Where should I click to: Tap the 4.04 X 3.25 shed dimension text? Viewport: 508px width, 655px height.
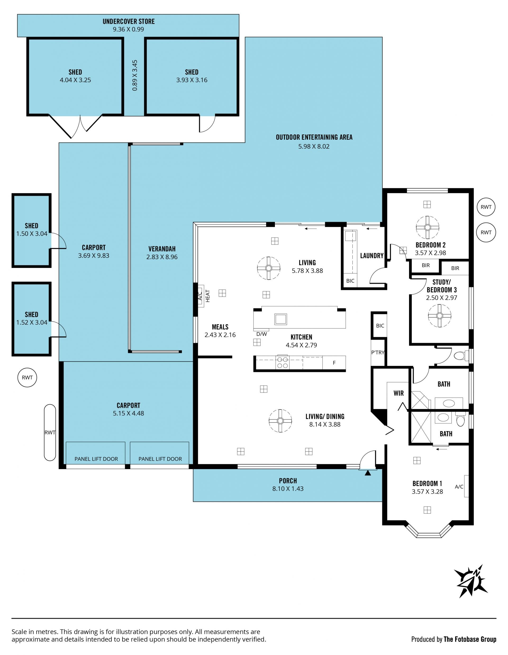[75, 80]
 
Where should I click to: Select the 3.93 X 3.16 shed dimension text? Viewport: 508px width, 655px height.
[192, 80]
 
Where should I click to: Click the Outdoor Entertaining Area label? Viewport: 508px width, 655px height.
[314, 137]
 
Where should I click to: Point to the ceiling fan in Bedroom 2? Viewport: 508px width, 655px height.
[427, 227]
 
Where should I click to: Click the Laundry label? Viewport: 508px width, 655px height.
[372, 255]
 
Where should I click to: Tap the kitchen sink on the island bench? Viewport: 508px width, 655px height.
[280, 319]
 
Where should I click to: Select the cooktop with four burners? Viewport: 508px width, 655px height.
[282, 362]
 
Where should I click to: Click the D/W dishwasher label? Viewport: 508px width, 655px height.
[261, 334]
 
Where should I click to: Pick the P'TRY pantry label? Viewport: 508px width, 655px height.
[378, 352]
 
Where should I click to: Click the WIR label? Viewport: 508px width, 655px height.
[398, 393]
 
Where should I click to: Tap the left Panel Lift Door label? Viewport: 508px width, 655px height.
[96, 459]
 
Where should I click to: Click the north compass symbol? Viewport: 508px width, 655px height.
[470, 585]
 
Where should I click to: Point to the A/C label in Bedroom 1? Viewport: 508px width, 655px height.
[459, 487]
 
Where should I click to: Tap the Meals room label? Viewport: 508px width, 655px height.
[220, 327]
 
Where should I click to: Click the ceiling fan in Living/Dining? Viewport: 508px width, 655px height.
[280, 421]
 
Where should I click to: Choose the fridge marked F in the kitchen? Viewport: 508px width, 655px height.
[334, 363]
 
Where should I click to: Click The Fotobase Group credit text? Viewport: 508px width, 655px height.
[470, 639]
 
